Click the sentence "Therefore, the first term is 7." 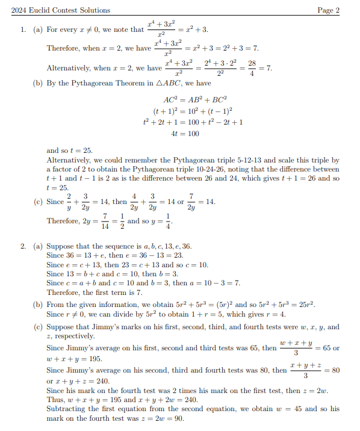click(94, 292)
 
